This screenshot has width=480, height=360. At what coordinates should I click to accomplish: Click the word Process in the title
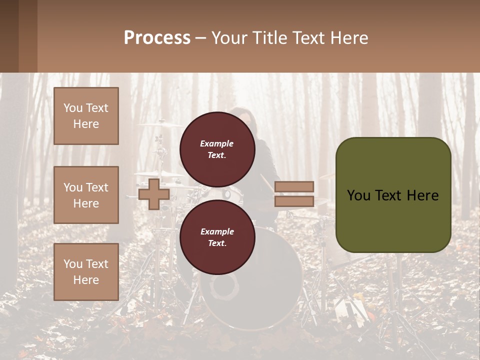157,38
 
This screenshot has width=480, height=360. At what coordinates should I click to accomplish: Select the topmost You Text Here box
86,116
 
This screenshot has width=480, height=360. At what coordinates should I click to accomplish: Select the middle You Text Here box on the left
86,195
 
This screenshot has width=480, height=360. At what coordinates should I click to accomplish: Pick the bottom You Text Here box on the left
86,271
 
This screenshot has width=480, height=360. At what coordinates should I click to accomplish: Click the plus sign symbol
154,194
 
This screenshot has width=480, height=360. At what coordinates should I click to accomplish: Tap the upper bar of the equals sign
294,186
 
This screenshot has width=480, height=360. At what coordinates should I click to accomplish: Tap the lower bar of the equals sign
294,201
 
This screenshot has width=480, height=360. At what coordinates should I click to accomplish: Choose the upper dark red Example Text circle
217,149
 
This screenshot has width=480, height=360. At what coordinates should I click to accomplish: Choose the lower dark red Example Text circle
217,237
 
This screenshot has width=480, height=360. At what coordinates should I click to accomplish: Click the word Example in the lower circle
217,231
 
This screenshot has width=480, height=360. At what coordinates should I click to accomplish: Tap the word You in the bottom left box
73,264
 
